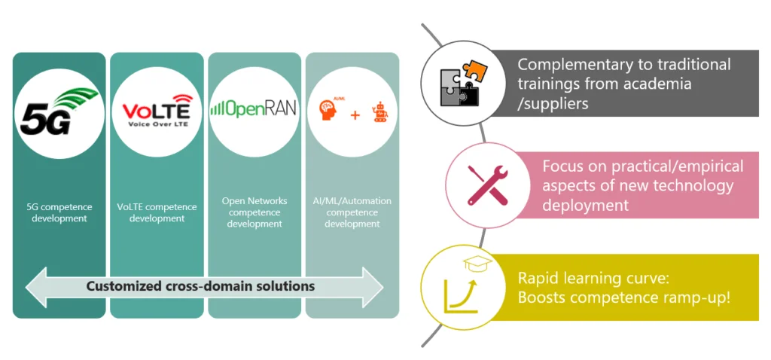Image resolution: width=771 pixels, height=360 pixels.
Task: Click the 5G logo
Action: [x=59, y=112]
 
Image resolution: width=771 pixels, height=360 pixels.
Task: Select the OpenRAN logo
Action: [x=254, y=108]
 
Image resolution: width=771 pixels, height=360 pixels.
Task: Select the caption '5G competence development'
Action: [x=59, y=212]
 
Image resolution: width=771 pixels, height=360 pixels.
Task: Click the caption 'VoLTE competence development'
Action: [x=157, y=212]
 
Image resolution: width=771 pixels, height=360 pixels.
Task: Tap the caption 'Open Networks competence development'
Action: [x=254, y=212]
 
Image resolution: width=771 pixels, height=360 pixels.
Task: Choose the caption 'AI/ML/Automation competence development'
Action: [x=352, y=212]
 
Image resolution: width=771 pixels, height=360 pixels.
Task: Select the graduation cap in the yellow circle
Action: [x=477, y=264]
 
